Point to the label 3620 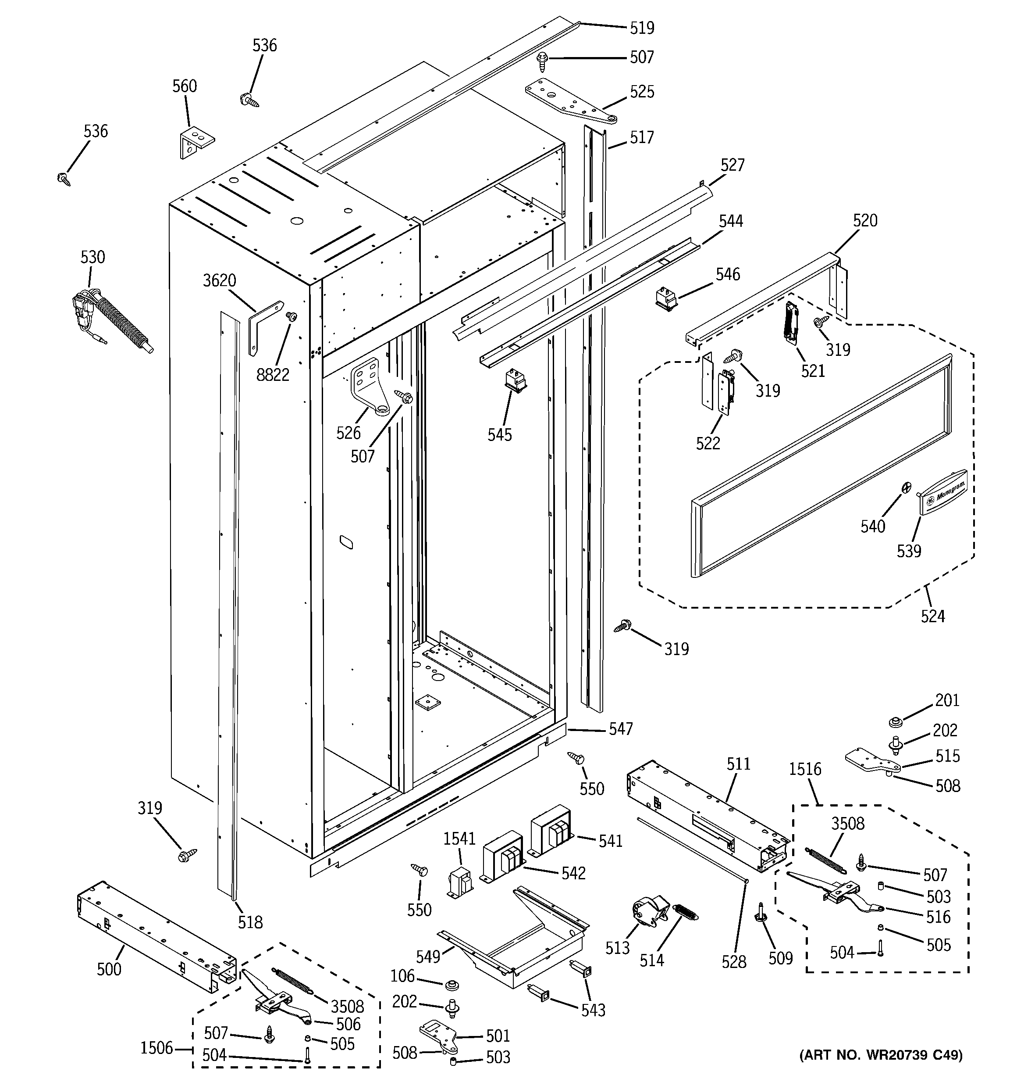(220, 281)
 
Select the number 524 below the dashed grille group (932, 616)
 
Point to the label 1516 (805, 769)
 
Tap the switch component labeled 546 (666, 300)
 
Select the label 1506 (156, 1048)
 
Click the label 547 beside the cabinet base (621, 729)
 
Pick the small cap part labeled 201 (894, 723)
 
